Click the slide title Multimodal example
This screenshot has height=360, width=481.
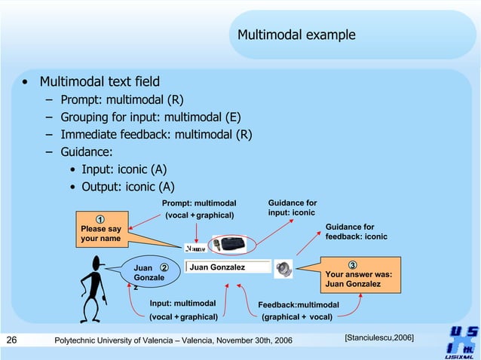296,35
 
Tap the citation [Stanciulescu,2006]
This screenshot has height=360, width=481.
378,337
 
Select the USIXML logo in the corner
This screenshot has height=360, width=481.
461,341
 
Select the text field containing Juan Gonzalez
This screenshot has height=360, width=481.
226,267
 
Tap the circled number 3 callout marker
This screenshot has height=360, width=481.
352,264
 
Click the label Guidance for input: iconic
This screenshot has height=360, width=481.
293,208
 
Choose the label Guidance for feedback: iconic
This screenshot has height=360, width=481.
356,231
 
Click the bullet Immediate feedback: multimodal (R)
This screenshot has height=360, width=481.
156,135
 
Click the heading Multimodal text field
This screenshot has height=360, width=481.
100,81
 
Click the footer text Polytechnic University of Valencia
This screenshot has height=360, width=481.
173,341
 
